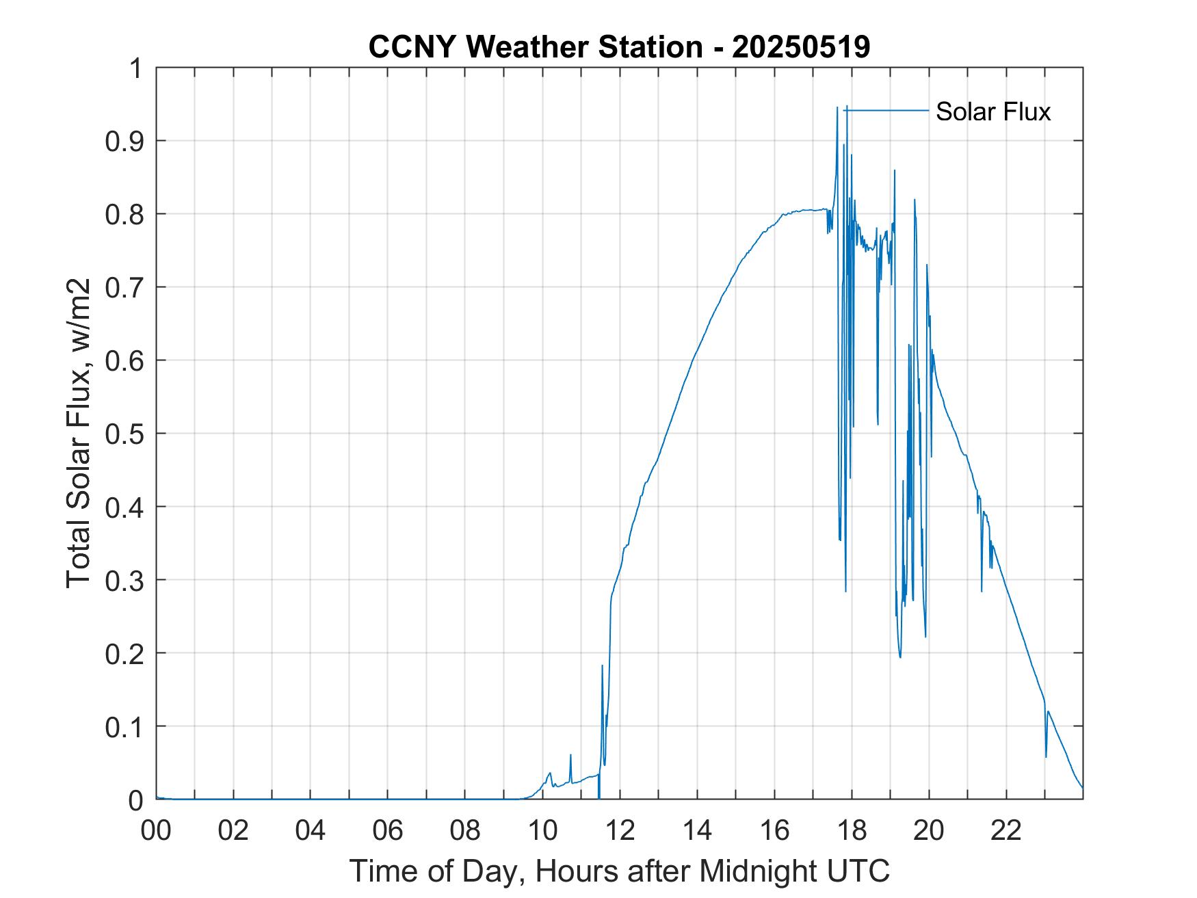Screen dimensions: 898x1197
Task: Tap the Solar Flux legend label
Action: [x=992, y=111]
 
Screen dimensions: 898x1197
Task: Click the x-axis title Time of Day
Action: [x=619, y=871]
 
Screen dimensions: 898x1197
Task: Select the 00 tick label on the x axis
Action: [x=157, y=830]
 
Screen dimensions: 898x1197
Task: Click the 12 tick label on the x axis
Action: [x=620, y=830]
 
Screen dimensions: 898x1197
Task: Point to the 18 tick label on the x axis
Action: [x=852, y=830]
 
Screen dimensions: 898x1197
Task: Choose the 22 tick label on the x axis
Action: [x=1006, y=830]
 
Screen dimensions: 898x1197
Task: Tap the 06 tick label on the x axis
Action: [x=388, y=830]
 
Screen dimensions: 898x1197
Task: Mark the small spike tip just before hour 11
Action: [x=570, y=755]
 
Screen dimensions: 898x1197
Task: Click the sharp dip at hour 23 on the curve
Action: [x=1046, y=756]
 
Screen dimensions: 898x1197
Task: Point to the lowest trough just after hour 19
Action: [x=900, y=657]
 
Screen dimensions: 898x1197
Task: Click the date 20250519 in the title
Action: [x=801, y=47]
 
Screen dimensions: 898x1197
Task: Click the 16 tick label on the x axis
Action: [x=774, y=830]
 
